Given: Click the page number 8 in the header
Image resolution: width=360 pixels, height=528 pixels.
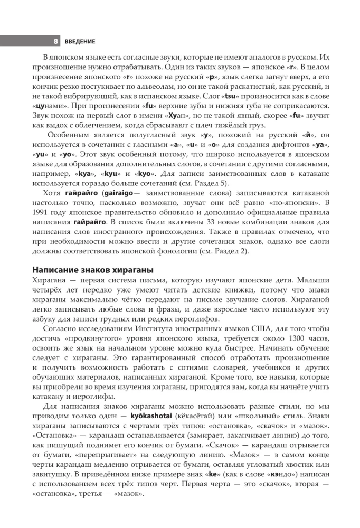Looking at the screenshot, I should tap(55, 41).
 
